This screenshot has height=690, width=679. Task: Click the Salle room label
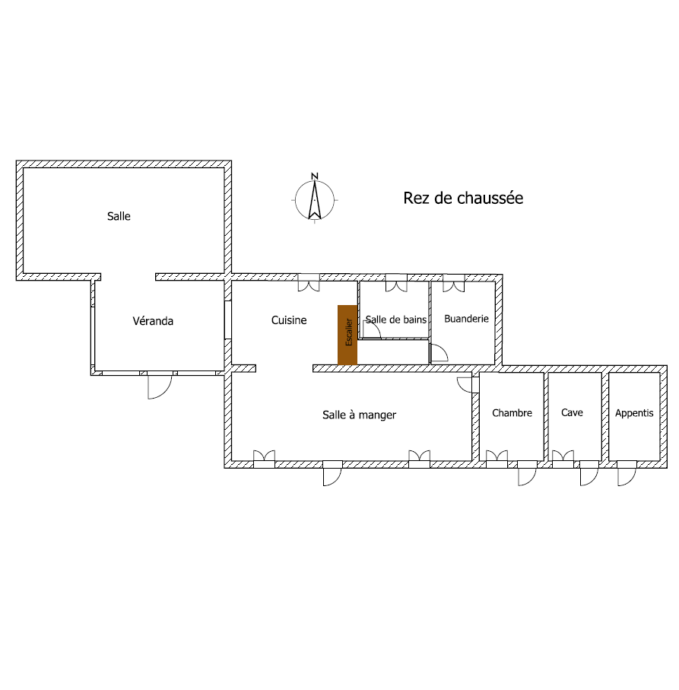(119, 216)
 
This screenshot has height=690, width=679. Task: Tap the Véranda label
(153, 321)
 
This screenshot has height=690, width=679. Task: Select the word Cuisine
(289, 320)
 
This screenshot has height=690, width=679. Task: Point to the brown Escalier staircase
(347, 335)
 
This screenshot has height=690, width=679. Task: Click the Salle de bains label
(396, 320)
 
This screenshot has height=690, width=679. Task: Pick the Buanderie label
(466, 319)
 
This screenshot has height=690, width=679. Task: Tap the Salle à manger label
(360, 415)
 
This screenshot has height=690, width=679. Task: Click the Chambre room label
(512, 413)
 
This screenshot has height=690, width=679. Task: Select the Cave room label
(572, 412)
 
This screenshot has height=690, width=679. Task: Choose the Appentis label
(634, 413)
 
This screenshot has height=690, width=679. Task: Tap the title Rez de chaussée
(462, 199)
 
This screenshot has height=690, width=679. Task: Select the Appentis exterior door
(626, 472)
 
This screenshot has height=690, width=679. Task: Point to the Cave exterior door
(589, 472)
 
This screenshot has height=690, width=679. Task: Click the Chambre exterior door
(527, 472)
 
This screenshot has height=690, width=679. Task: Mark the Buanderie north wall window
(454, 284)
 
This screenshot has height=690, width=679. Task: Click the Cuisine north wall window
(309, 283)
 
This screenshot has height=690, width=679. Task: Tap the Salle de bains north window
(396, 284)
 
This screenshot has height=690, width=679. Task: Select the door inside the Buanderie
(439, 353)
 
